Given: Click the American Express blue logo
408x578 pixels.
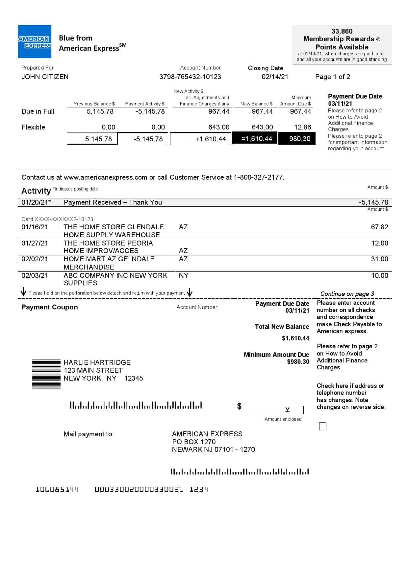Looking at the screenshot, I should (x=35, y=42).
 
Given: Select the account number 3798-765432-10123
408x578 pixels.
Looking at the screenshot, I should (x=190, y=77).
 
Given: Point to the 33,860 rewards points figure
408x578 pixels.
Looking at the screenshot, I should (x=342, y=31).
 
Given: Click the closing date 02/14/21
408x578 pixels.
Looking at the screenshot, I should (x=275, y=77).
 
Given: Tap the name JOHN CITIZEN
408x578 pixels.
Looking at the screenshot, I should (x=45, y=77).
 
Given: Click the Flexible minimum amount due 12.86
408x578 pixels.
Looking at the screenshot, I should (x=302, y=127).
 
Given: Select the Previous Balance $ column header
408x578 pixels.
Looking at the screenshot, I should (x=94, y=103).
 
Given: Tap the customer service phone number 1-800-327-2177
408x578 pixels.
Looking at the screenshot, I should (x=259, y=177).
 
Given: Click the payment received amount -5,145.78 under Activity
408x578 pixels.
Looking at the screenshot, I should (x=373, y=202).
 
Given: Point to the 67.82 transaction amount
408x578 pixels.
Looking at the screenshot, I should (x=379, y=227).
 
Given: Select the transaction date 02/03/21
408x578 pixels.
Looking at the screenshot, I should (x=35, y=275).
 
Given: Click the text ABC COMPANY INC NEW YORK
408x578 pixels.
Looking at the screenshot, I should (x=115, y=275).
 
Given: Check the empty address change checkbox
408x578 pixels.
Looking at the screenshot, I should (x=322, y=426).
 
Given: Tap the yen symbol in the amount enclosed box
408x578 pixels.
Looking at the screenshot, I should (x=287, y=410).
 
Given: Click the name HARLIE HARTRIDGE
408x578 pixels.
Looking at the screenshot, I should (x=97, y=362).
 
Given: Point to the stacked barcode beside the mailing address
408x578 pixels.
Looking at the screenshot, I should (x=46, y=374).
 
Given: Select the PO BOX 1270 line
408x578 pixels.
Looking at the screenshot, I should (x=194, y=442).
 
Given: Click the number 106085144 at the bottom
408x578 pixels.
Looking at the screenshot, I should (x=57, y=490).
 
